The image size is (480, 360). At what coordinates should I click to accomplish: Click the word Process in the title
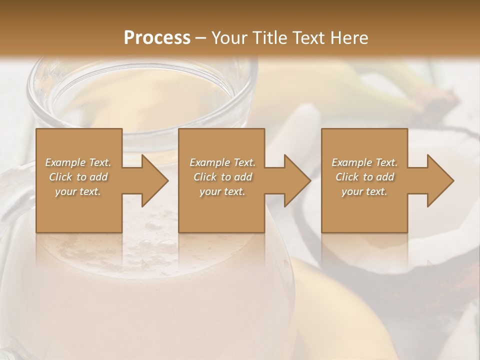click(157, 38)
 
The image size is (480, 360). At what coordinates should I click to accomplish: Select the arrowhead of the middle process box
click(296, 180)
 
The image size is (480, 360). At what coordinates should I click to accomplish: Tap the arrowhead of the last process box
click(439, 180)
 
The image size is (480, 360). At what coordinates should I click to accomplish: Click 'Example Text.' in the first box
click(78, 162)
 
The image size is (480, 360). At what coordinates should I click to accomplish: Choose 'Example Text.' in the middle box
click(222, 162)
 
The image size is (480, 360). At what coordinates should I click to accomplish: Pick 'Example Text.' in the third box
click(364, 162)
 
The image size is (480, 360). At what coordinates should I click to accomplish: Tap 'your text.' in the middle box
click(222, 191)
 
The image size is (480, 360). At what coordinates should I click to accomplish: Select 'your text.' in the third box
click(364, 191)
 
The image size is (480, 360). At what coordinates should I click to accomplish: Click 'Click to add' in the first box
click(78, 177)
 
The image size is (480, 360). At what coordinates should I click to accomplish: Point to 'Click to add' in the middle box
click(222, 177)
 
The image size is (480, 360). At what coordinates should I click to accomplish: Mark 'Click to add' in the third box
click(364, 177)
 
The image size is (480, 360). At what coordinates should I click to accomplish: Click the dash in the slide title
click(201, 38)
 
